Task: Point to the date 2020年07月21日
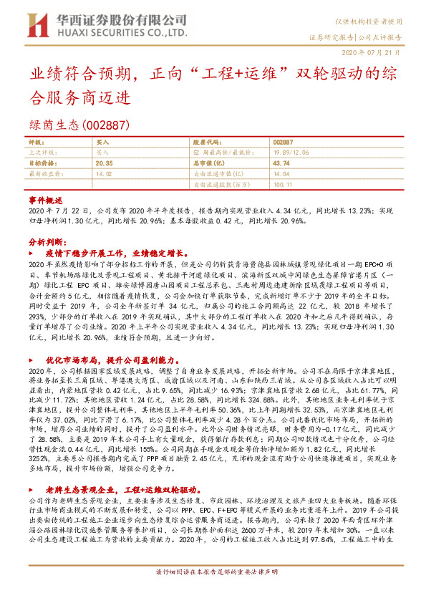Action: (378, 52)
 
